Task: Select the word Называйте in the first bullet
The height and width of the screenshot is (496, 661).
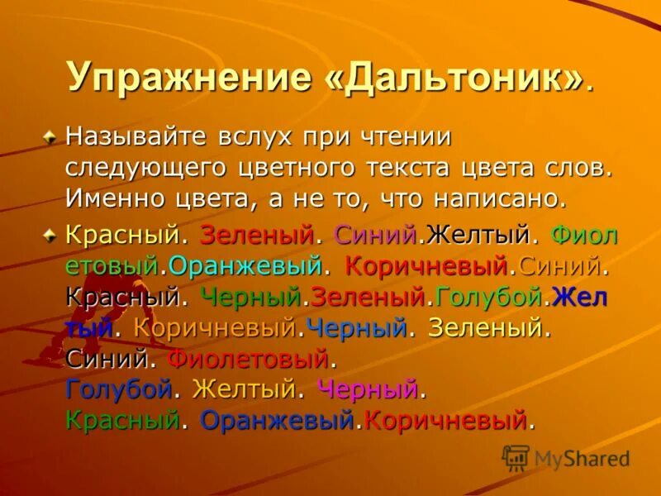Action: [x=136, y=136]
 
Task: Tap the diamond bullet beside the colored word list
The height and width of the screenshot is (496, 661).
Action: [x=52, y=235]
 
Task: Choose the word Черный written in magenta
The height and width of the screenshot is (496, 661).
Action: [x=369, y=389]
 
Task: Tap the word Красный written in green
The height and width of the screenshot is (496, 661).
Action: [x=122, y=420]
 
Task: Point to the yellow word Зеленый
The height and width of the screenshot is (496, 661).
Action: [x=485, y=328]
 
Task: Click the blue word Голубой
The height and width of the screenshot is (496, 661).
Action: [x=119, y=389]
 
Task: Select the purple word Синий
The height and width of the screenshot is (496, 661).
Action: [x=374, y=235]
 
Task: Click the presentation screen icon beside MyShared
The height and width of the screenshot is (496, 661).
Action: [x=516, y=457]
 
